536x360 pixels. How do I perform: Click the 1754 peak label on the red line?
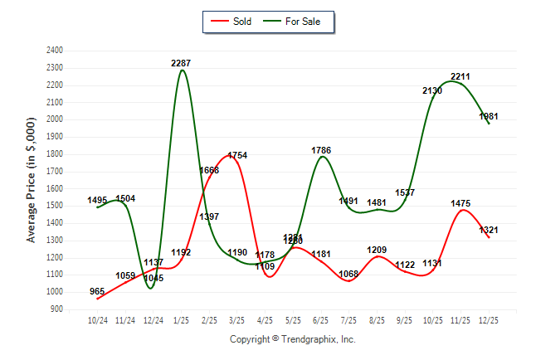(237, 155)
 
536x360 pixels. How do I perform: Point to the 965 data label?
(97, 291)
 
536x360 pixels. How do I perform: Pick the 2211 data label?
(460, 77)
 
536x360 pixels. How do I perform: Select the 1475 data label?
(460, 203)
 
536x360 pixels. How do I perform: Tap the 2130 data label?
(432, 90)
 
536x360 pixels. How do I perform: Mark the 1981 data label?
(489, 116)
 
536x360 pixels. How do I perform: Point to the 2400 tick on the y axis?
(55, 51)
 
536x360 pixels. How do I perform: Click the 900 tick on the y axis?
(57, 309)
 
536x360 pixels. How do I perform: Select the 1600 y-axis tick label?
(55, 188)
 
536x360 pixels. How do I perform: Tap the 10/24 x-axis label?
(98, 319)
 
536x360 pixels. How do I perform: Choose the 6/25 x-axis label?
(321, 319)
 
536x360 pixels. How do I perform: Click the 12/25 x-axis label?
(489, 319)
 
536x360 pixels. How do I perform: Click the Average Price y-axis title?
(32, 179)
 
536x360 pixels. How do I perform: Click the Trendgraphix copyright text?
(292, 339)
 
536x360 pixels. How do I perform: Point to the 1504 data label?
(126, 198)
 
